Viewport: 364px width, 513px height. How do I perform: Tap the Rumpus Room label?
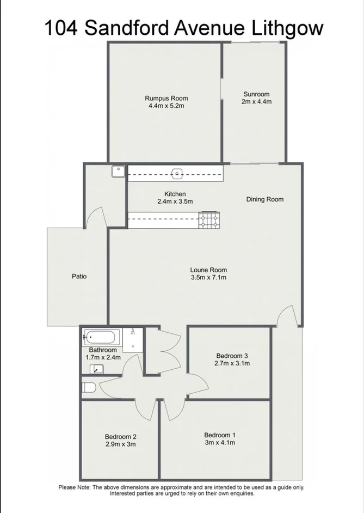[x=166, y=98]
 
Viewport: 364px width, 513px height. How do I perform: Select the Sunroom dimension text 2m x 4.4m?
[x=256, y=101]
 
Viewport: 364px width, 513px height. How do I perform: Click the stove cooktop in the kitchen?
[x=209, y=220]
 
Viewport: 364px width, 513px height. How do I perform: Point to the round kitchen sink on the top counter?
[x=177, y=174]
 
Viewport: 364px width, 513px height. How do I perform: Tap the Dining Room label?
[x=265, y=199]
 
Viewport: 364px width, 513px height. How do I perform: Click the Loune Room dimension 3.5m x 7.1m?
[x=208, y=277]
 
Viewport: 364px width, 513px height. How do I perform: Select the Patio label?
[x=79, y=276]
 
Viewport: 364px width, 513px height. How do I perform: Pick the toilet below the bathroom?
[x=89, y=387]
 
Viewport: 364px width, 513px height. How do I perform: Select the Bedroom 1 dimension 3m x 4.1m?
[x=220, y=442]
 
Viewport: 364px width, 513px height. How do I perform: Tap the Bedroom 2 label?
[x=120, y=436]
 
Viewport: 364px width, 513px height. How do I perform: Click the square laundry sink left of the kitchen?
[x=118, y=172]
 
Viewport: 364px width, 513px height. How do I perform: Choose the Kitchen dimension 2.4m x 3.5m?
[x=175, y=201]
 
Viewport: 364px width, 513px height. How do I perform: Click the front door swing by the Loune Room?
[x=288, y=316]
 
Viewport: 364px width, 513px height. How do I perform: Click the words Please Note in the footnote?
[x=74, y=487]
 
